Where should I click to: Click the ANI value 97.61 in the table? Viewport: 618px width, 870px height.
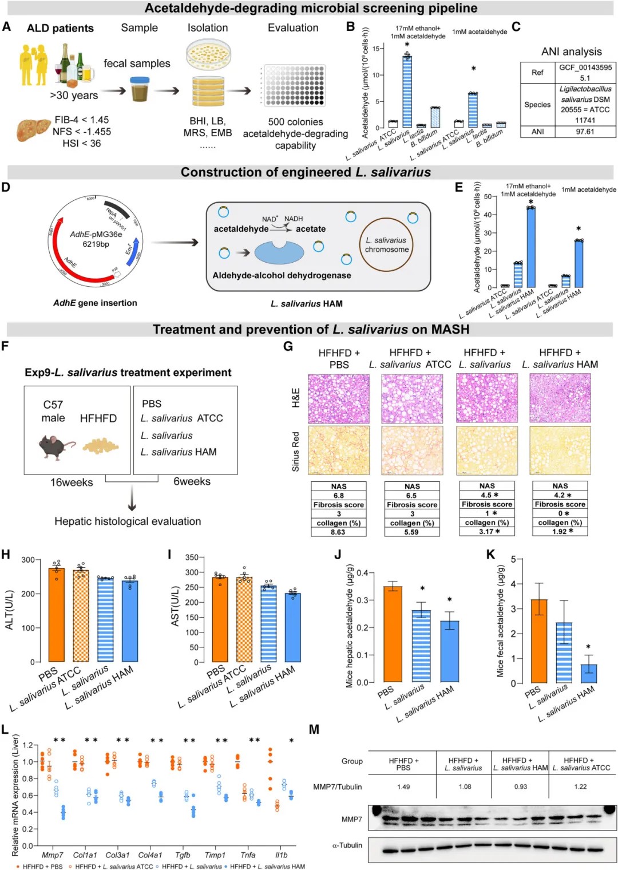click(x=585, y=132)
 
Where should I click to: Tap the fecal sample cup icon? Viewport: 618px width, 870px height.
click(x=140, y=89)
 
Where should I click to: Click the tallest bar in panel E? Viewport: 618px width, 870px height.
click(x=531, y=247)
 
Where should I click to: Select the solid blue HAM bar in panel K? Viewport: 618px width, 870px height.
click(x=589, y=674)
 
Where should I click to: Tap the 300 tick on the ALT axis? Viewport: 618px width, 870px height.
click(x=28, y=560)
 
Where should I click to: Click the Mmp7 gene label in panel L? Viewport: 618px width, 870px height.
click(x=53, y=855)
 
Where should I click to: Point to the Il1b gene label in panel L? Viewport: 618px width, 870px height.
click(x=282, y=855)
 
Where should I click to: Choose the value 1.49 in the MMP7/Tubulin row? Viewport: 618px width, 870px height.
click(x=403, y=787)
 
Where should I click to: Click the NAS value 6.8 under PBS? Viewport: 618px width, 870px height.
click(x=339, y=496)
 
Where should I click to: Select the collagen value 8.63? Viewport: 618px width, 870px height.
click(x=338, y=532)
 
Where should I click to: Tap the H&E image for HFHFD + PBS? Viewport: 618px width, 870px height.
click(x=339, y=398)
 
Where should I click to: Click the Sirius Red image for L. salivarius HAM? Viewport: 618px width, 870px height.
click(x=560, y=450)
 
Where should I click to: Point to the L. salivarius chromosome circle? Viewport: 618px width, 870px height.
click(x=387, y=245)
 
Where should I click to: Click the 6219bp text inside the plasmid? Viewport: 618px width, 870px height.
click(x=96, y=244)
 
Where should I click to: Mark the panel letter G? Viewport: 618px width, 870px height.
click(x=288, y=346)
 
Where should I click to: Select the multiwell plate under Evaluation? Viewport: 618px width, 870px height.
click(x=294, y=85)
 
